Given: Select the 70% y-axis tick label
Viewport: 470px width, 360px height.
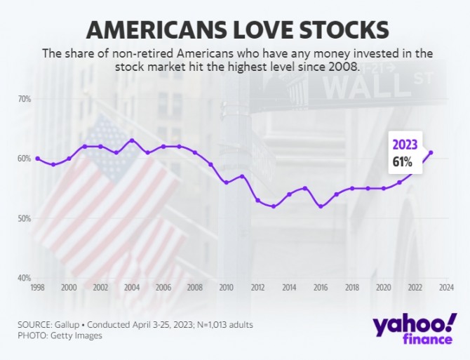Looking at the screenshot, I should [23, 99].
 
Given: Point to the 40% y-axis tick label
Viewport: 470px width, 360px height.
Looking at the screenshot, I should [23, 278].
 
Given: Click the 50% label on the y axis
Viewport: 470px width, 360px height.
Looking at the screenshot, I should [23, 218].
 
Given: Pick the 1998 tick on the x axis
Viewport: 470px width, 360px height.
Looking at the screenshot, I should [37, 288].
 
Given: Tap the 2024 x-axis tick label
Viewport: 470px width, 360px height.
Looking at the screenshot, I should [446, 288].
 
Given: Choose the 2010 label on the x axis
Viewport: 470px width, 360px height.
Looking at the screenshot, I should [226, 288].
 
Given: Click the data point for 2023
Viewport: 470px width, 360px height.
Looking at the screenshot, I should [431, 152].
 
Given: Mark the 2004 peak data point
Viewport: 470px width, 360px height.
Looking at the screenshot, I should [132, 140].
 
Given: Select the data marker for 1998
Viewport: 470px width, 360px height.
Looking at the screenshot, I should [37, 159].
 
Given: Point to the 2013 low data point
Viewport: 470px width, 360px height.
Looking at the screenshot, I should [274, 206].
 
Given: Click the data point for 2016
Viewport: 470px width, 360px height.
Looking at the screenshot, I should [321, 206].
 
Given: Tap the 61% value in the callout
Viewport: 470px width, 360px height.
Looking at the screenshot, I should [402, 163].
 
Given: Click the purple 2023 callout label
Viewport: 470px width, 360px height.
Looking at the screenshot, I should [404, 145].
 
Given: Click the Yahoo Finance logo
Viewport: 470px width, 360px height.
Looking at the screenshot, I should [415, 331].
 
